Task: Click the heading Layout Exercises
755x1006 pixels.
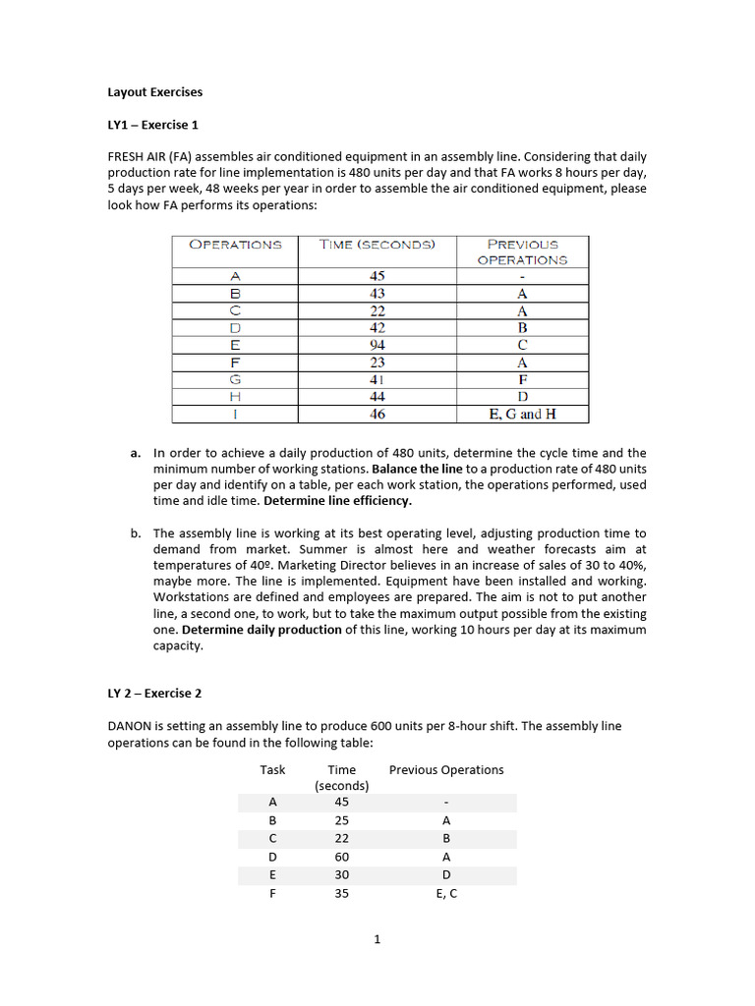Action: [x=154, y=92]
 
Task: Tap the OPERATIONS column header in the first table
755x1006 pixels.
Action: [x=235, y=245]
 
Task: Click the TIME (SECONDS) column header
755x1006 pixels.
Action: [x=377, y=245]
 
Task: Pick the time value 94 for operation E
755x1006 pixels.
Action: [x=377, y=345]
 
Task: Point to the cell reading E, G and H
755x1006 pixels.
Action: [x=522, y=415]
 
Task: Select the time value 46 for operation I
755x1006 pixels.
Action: [x=377, y=415]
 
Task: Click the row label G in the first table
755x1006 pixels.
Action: [x=235, y=379]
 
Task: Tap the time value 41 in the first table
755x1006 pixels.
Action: [x=377, y=379]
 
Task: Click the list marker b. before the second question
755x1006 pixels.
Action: [x=135, y=533]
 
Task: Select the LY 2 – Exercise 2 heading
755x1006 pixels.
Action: [x=154, y=693]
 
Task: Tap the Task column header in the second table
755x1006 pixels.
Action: [x=272, y=770]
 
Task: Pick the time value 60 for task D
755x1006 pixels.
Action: [x=342, y=857]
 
